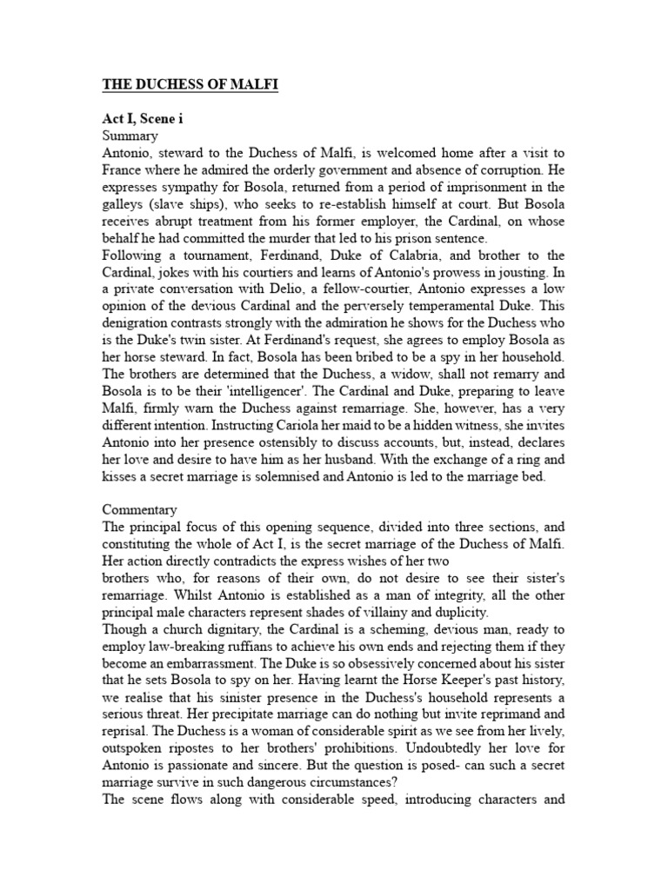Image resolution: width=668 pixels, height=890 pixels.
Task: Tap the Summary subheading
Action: (130, 136)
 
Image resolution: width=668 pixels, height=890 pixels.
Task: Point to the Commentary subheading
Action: (139, 509)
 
